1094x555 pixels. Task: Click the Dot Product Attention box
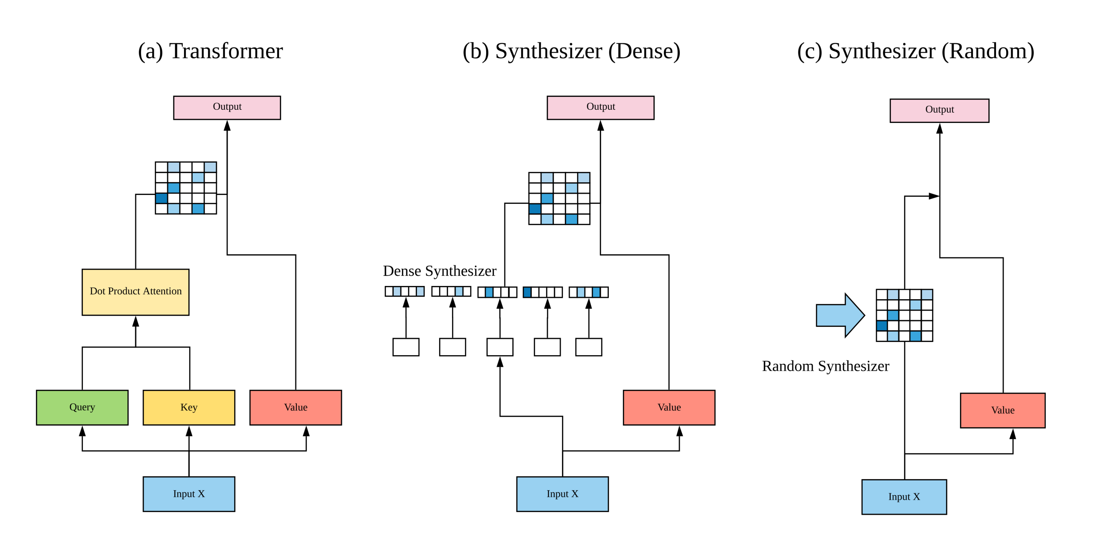[135, 292]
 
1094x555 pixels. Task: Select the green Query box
[82, 407]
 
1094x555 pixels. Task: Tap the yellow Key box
[189, 407]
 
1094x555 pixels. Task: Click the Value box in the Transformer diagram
[295, 407]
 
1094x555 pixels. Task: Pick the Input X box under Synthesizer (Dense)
[562, 494]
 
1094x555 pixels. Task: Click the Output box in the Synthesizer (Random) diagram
[939, 110]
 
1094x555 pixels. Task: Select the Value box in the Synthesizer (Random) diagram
[1003, 410]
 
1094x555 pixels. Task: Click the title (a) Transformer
[210, 51]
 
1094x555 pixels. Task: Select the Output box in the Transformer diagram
[227, 107]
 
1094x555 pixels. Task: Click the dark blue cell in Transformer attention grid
[161, 198]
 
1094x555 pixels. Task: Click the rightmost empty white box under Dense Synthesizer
[588, 347]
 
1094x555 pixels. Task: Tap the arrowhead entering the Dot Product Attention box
[135, 321]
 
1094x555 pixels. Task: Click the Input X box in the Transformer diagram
[189, 494]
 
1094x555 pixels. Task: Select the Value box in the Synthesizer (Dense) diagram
[669, 407]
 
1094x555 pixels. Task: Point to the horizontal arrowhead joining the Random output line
[934, 196]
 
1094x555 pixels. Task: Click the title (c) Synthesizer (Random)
[916, 51]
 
